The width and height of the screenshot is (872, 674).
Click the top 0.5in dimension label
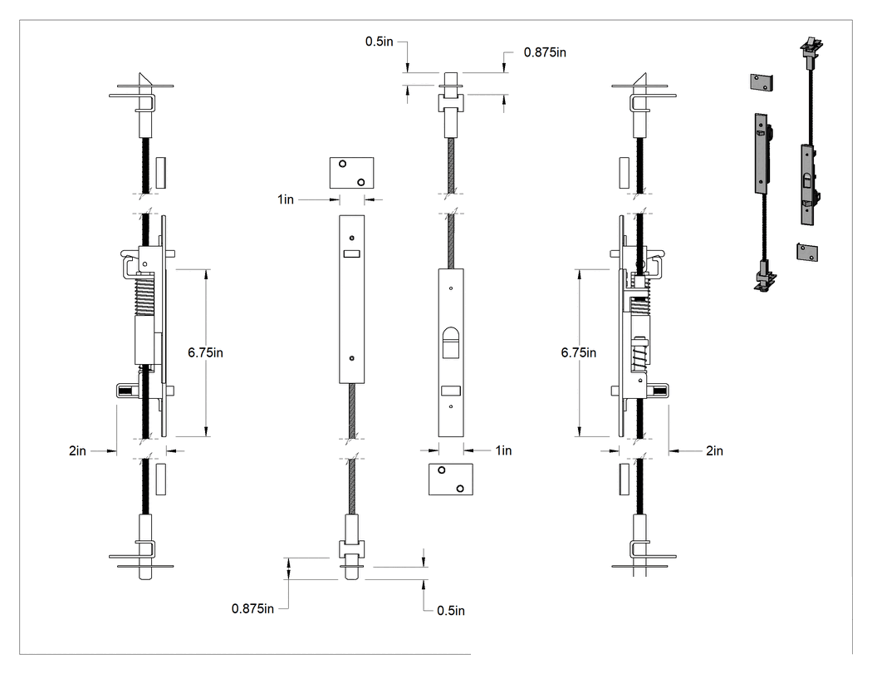click(x=380, y=42)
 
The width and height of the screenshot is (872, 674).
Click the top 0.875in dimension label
click(x=545, y=52)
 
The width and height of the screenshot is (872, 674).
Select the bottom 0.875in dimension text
click(x=252, y=609)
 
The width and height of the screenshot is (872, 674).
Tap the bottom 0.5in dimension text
click(x=451, y=611)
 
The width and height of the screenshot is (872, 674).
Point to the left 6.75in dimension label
click(x=205, y=353)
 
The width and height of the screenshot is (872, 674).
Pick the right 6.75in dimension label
click(x=578, y=353)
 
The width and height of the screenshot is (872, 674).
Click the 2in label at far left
click(x=77, y=450)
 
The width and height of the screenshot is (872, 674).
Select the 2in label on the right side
click(x=714, y=450)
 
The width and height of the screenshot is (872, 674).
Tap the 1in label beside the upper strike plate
click(x=286, y=199)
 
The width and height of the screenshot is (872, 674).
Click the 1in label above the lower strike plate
click(x=504, y=450)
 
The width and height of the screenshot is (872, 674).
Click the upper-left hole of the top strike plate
click(x=342, y=164)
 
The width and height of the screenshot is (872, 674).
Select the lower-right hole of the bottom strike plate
click(x=460, y=489)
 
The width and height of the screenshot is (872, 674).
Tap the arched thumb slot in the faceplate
click(x=450, y=342)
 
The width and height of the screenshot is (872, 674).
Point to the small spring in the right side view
click(x=639, y=353)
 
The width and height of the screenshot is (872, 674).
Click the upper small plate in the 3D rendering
click(x=763, y=82)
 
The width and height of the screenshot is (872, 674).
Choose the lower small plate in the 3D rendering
click(x=807, y=252)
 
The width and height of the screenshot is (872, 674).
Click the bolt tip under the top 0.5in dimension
click(x=451, y=78)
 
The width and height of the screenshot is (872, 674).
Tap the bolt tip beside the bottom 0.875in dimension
click(x=351, y=573)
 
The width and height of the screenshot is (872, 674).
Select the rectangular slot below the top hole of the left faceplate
click(x=351, y=253)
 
